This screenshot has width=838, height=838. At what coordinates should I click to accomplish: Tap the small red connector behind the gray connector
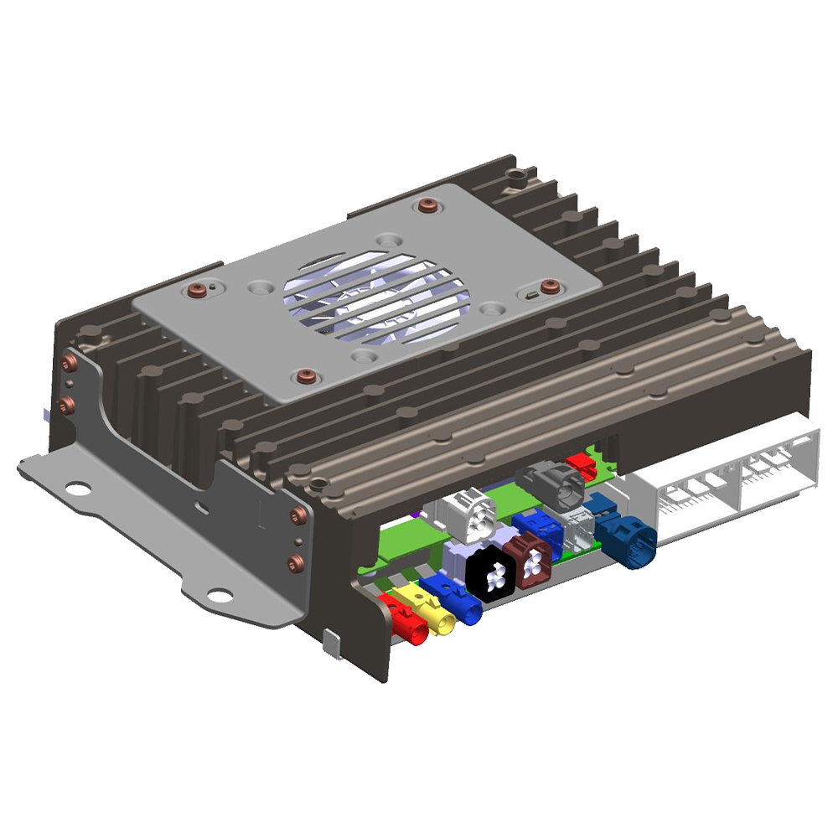pos(579,462)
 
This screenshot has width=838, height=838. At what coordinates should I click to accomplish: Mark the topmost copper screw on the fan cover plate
pos(429,205)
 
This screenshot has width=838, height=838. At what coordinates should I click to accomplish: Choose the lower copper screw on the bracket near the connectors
pos(296,561)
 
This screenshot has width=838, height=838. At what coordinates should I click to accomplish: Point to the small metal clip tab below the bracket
pos(332,644)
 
